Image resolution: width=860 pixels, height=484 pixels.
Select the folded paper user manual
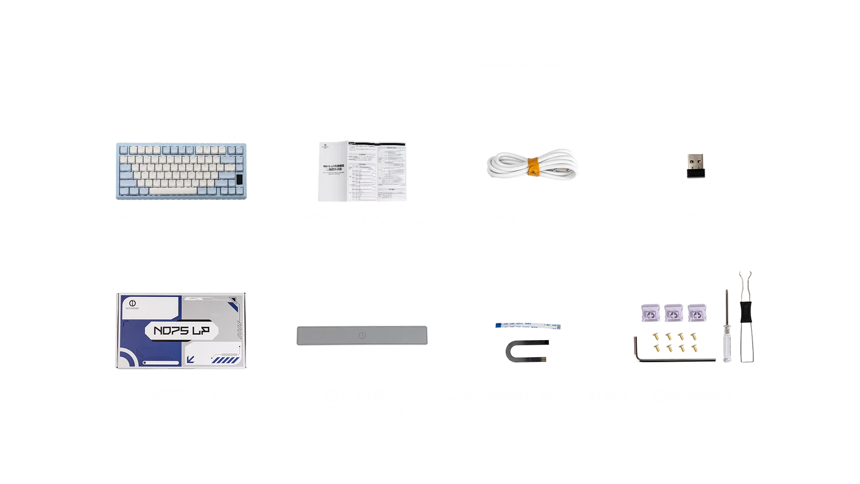(362, 171)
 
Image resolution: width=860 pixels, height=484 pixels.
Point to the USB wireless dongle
(694, 166)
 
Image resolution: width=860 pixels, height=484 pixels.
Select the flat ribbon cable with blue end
(529, 326)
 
